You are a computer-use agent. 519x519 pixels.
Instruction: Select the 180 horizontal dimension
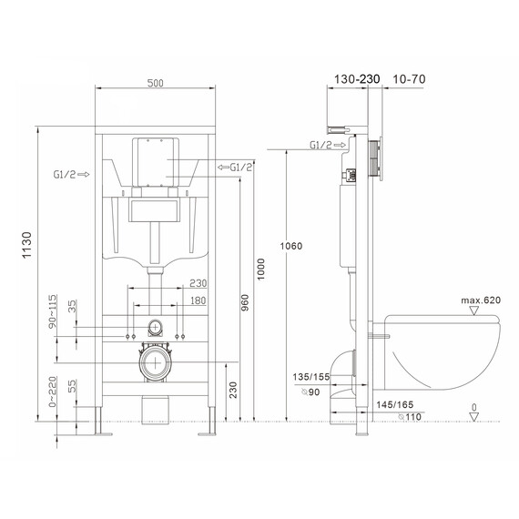197,301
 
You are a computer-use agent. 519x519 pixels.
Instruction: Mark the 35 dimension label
72,306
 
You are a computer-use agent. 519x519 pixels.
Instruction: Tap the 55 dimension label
72,389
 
